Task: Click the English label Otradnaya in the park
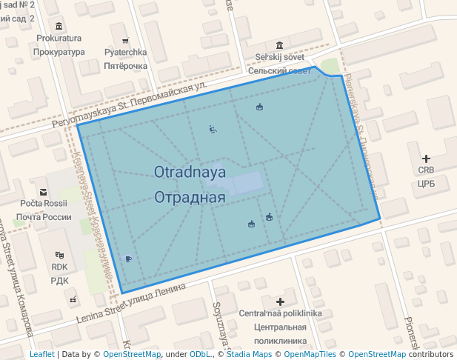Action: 189,172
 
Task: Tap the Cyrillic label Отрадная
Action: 189,198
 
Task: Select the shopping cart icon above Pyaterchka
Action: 124,40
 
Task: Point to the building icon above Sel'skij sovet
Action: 279,44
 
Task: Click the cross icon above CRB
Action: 426,159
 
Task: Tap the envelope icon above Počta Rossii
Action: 43,191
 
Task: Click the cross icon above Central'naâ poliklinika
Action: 280,301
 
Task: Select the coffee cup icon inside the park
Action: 129,259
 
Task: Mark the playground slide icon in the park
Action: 213,130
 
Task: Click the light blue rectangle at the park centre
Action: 244,183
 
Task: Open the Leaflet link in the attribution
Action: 41,354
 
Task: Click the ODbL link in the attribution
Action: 201,354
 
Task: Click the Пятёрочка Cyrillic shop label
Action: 124,66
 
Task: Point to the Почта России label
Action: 43,217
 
